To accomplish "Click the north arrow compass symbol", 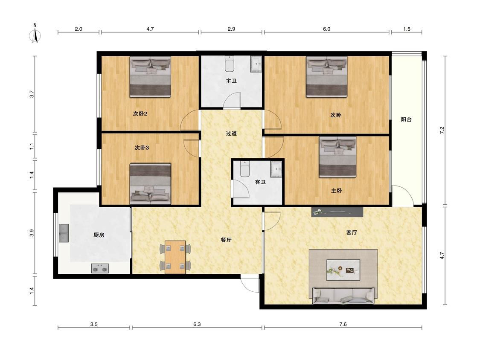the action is point(35,34).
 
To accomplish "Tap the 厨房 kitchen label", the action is point(99,235).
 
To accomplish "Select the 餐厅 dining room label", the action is point(226,240).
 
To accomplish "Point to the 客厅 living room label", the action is point(352,232).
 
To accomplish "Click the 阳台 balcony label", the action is point(406,119).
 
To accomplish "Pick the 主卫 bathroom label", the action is point(231,81).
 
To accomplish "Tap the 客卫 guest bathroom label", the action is point(260,182).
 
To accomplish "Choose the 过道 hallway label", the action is point(231,133).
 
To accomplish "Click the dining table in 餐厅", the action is point(175,257).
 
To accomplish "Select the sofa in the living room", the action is point(343,296).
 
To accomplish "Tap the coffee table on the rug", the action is point(343,270).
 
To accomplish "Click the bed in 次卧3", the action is point(150,184).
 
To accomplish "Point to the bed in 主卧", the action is point(337,157).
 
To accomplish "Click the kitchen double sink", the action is point(64,233).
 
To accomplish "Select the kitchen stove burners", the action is point(100,268).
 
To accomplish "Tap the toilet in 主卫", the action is point(230,64).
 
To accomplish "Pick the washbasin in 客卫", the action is point(277,168).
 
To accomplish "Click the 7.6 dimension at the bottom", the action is point(343,324).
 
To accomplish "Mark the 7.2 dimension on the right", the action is point(442,130).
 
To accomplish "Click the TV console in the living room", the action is point(337,212).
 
